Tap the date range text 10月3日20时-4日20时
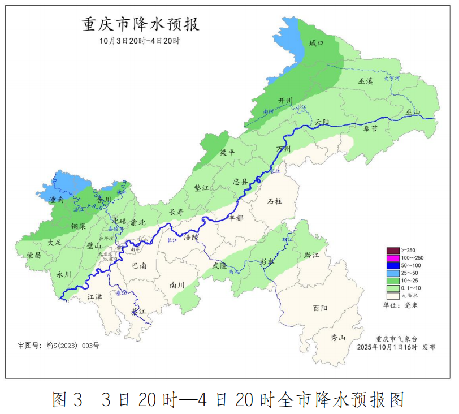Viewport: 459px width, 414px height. [x=139, y=41]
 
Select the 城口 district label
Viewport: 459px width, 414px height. [x=317, y=44]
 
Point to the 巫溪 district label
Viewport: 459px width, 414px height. [x=365, y=81]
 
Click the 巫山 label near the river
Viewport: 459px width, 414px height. [x=413, y=113]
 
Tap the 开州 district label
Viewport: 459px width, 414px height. [x=285, y=101]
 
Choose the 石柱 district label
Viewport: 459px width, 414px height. [x=275, y=201]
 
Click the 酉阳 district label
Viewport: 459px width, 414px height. [x=320, y=308]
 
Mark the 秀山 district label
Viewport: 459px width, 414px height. [x=337, y=338]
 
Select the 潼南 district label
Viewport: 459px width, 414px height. [x=56, y=200]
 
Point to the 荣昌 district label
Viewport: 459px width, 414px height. [x=33, y=255]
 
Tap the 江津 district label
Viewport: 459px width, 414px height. [x=95, y=296]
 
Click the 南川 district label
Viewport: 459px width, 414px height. [x=177, y=286]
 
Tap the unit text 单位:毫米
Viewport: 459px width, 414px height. [x=404, y=305]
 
